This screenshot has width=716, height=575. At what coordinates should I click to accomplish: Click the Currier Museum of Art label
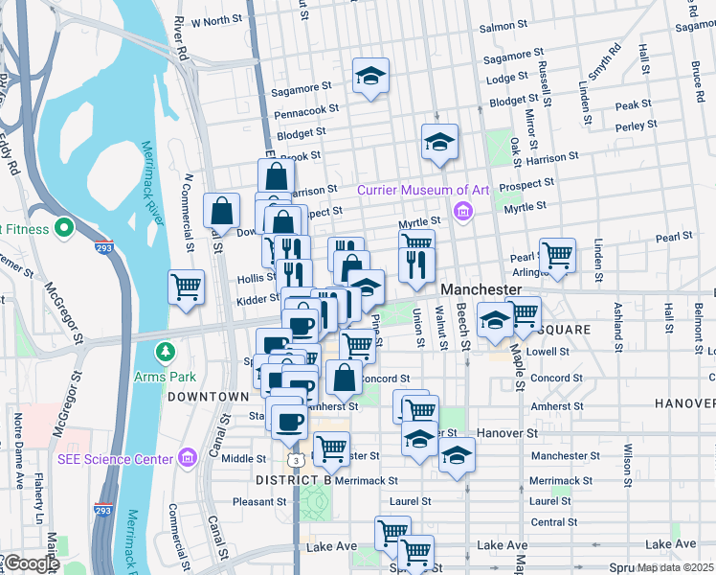coord(423,190)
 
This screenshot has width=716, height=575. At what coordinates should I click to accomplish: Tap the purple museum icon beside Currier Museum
coord(463,211)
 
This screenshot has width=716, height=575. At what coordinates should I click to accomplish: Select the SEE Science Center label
coord(117,459)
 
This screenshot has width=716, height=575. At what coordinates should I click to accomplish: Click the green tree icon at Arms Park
coord(164,353)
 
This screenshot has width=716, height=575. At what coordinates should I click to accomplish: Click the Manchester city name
coord(481,289)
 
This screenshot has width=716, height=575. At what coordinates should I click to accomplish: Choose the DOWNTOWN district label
coord(208,396)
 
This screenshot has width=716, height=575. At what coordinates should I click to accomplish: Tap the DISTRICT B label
coord(293,479)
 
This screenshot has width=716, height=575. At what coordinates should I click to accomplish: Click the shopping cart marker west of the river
coord(186,286)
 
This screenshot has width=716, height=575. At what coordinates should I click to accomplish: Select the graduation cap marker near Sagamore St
coord(369,76)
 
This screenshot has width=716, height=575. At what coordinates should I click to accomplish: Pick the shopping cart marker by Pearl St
coord(557,255)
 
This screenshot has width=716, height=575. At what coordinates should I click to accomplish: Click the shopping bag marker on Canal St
coord(222,212)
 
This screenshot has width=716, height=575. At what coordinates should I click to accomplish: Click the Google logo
coord(31,564)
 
